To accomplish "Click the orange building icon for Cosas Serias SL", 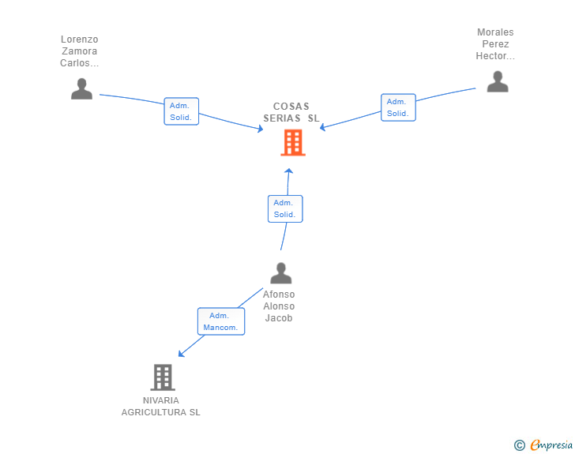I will [x=293, y=143].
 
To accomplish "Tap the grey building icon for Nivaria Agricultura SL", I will [x=162, y=377].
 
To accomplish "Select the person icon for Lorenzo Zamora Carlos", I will [x=81, y=89].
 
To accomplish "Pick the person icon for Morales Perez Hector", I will [x=497, y=81].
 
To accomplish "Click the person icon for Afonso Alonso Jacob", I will [x=280, y=273].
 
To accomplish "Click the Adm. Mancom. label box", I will [x=220, y=321].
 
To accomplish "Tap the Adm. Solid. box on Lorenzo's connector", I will [x=181, y=111].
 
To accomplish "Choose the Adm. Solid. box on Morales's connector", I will [x=397, y=107].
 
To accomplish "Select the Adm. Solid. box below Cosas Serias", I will [x=284, y=208].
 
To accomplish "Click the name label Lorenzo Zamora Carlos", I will [x=80, y=51].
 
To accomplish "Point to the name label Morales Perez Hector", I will [x=495, y=44].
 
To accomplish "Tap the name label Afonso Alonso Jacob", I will [x=279, y=306].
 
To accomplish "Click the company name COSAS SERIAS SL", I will [x=291, y=112].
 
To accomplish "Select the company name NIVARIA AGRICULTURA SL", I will [x=161, y=406].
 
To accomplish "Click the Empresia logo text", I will [x=551, y=445].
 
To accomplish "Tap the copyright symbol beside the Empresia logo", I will [x=519, y=445].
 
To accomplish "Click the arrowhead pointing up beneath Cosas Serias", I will [x=289, y=171].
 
